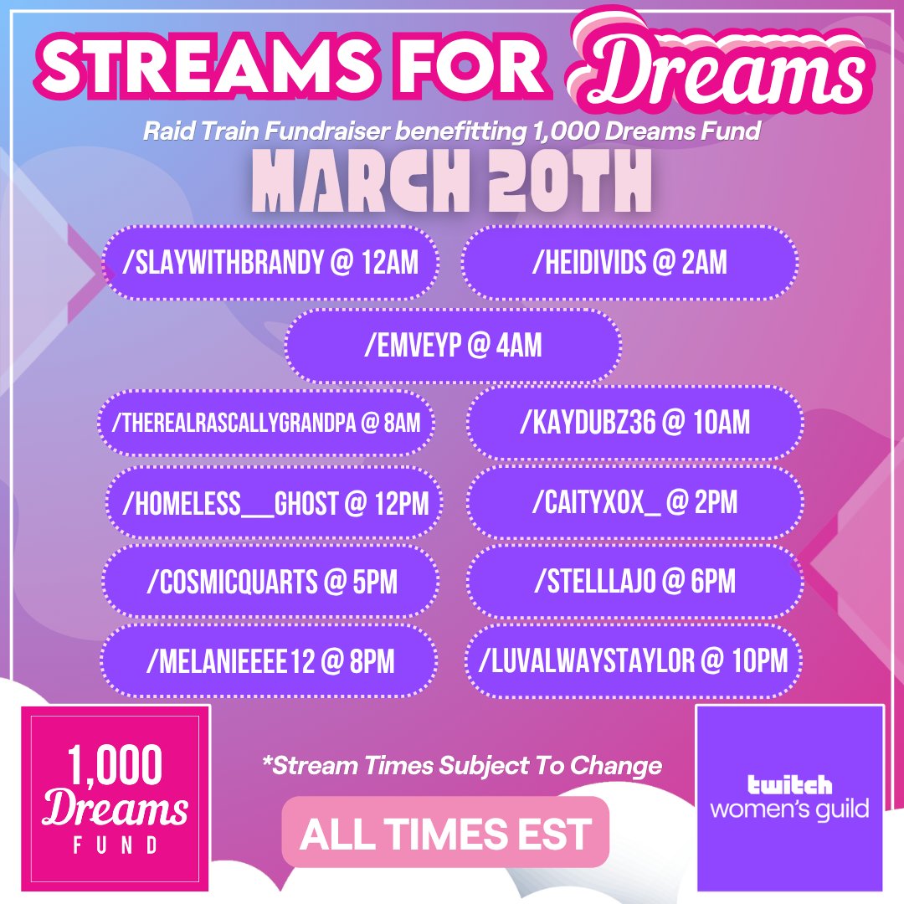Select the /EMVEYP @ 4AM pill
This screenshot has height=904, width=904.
click(x=453, y=347)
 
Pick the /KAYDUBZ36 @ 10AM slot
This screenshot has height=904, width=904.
click(x=634, y=424)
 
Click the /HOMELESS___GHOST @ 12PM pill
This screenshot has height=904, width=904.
click(x=274, y=504)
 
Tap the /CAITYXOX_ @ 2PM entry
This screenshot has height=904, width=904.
click(x=634, y=504)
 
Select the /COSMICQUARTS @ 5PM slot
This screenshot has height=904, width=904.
click(x=270, y=582)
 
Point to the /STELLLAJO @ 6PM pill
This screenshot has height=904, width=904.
click(x=634, y=582)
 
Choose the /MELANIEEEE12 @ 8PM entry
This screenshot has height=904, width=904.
click(x=270, y=661)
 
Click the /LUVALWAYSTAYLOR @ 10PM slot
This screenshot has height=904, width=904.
click(x=634, y=661)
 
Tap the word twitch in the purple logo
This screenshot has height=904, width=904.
click(x=789, y=784)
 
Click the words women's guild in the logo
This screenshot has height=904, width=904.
click(x=789, y=809)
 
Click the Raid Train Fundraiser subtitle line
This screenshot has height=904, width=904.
click(x=450, y=131)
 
